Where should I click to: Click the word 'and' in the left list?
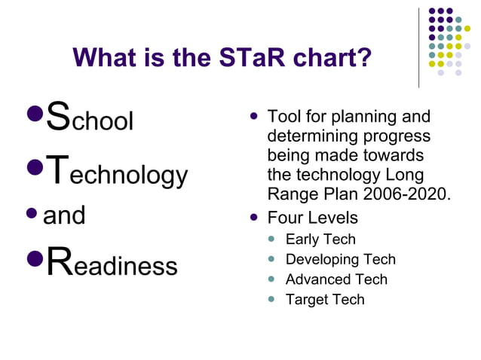[x=65, y=215]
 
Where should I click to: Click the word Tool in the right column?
[x=283, y=117]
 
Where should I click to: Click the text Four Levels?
[x=313, y=218]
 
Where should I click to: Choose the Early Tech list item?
[x=320, y=239]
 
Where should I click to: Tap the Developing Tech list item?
[x=340, y=259]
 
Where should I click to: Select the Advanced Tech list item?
[x=336, y=279]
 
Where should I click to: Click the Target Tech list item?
[x=325, y=299]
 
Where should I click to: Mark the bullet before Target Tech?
[x=272, y=299]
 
